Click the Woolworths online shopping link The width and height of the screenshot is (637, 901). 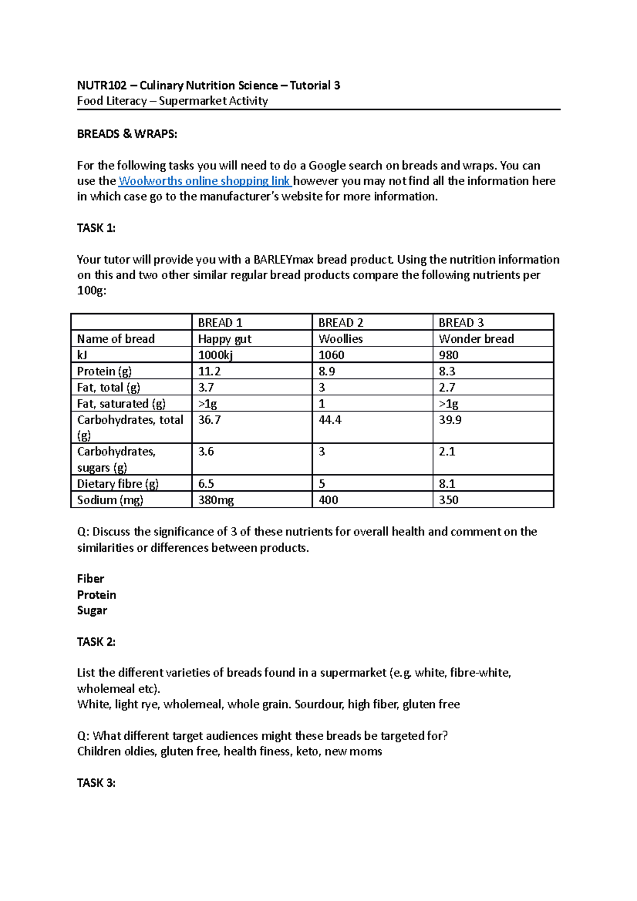(204, 181)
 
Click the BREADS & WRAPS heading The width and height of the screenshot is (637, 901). (127, 134)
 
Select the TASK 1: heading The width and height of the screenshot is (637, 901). (96, 228)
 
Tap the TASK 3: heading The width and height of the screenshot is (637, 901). (96, 783)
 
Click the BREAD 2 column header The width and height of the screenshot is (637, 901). (341, 323)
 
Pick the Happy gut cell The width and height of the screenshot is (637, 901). (225, 339)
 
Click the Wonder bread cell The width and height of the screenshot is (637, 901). (476, 339)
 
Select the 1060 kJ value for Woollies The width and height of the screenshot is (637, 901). (331, 355)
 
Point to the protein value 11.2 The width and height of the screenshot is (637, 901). (209, 371)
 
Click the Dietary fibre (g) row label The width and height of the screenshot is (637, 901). (118, 484)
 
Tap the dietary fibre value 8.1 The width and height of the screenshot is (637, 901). (447, 484)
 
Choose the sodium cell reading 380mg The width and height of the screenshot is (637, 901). (216, 500)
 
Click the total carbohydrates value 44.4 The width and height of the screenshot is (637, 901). (330, 420)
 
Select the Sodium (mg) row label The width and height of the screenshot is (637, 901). (110, 500)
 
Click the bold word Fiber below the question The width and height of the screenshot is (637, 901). (90, 579)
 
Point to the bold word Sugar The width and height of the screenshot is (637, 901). (92, 610)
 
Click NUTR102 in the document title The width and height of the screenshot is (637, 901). (101, 85)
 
